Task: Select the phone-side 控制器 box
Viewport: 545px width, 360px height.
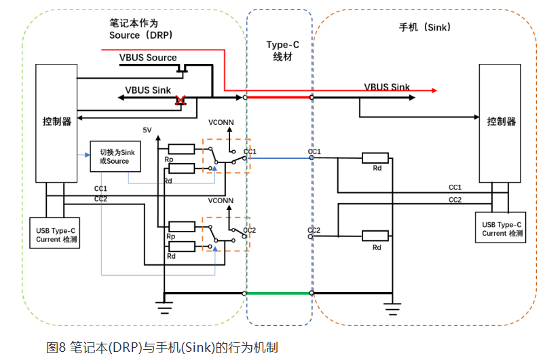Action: tap(501, 122)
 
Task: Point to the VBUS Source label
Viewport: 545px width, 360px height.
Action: tap(148, 58)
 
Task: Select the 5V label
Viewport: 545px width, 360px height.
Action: tap(148, 130)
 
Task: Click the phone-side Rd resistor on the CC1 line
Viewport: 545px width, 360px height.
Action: tap(375, 158)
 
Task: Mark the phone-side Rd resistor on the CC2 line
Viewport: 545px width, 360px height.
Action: tap(375, 236)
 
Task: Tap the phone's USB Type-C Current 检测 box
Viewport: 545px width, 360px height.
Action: tap(502, 229)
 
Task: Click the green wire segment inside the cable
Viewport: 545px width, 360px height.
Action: tap(278, 293)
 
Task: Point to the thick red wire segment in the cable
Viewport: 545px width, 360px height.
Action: tap(278, 98)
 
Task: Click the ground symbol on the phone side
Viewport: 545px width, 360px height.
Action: tap(392, 306)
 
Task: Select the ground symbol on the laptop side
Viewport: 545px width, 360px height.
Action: tap(164, 306)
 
